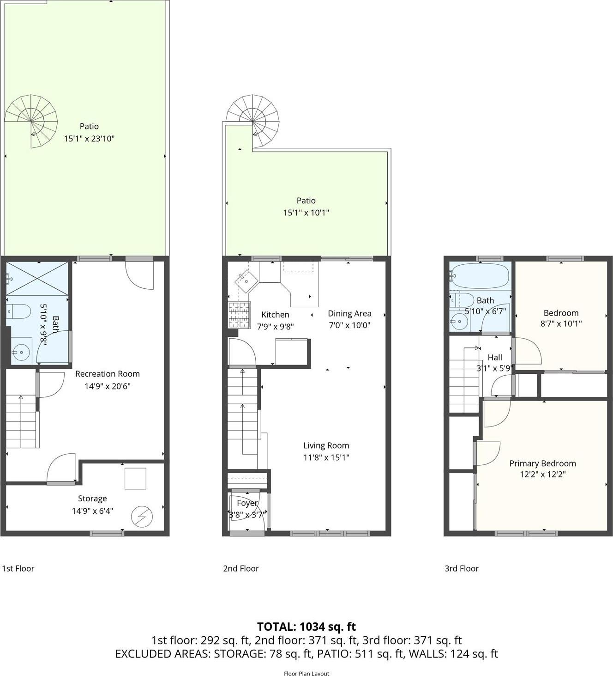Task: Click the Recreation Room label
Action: pyautogui.click(x=107, y=374)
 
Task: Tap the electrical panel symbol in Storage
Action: pyautogui.click(x=142, y=517)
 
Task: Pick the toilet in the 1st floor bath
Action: pyautogui.click(x=18, y=311)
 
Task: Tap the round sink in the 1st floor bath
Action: pyautogui.click(x=21, y=352)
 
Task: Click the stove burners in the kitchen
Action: pyautogui.click(x=239, y=314)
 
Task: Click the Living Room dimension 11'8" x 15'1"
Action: pyautogui.click(x=326, y=457)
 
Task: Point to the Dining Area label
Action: pyautogui.click(x=349, y=313)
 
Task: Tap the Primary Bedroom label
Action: pyautogui.click(x=542, y=463)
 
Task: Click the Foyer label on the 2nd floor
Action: pyautogui.click(x=247, y=503)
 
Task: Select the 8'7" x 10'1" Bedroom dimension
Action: pyautogui.click(x=561, y=323)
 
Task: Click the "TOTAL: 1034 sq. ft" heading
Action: pyautogui.click(x=306, y=627)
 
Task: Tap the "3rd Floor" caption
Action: pyautogui.click(x=461, y=568)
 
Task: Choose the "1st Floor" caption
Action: pyautogui.click(x=18, y=568)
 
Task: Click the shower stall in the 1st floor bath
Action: pyautogui.click(x=37, y=278)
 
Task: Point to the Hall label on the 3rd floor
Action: pyautogui.click(x=494, y=357)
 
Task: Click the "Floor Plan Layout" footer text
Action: pyautogui.click(x=306, y=673)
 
